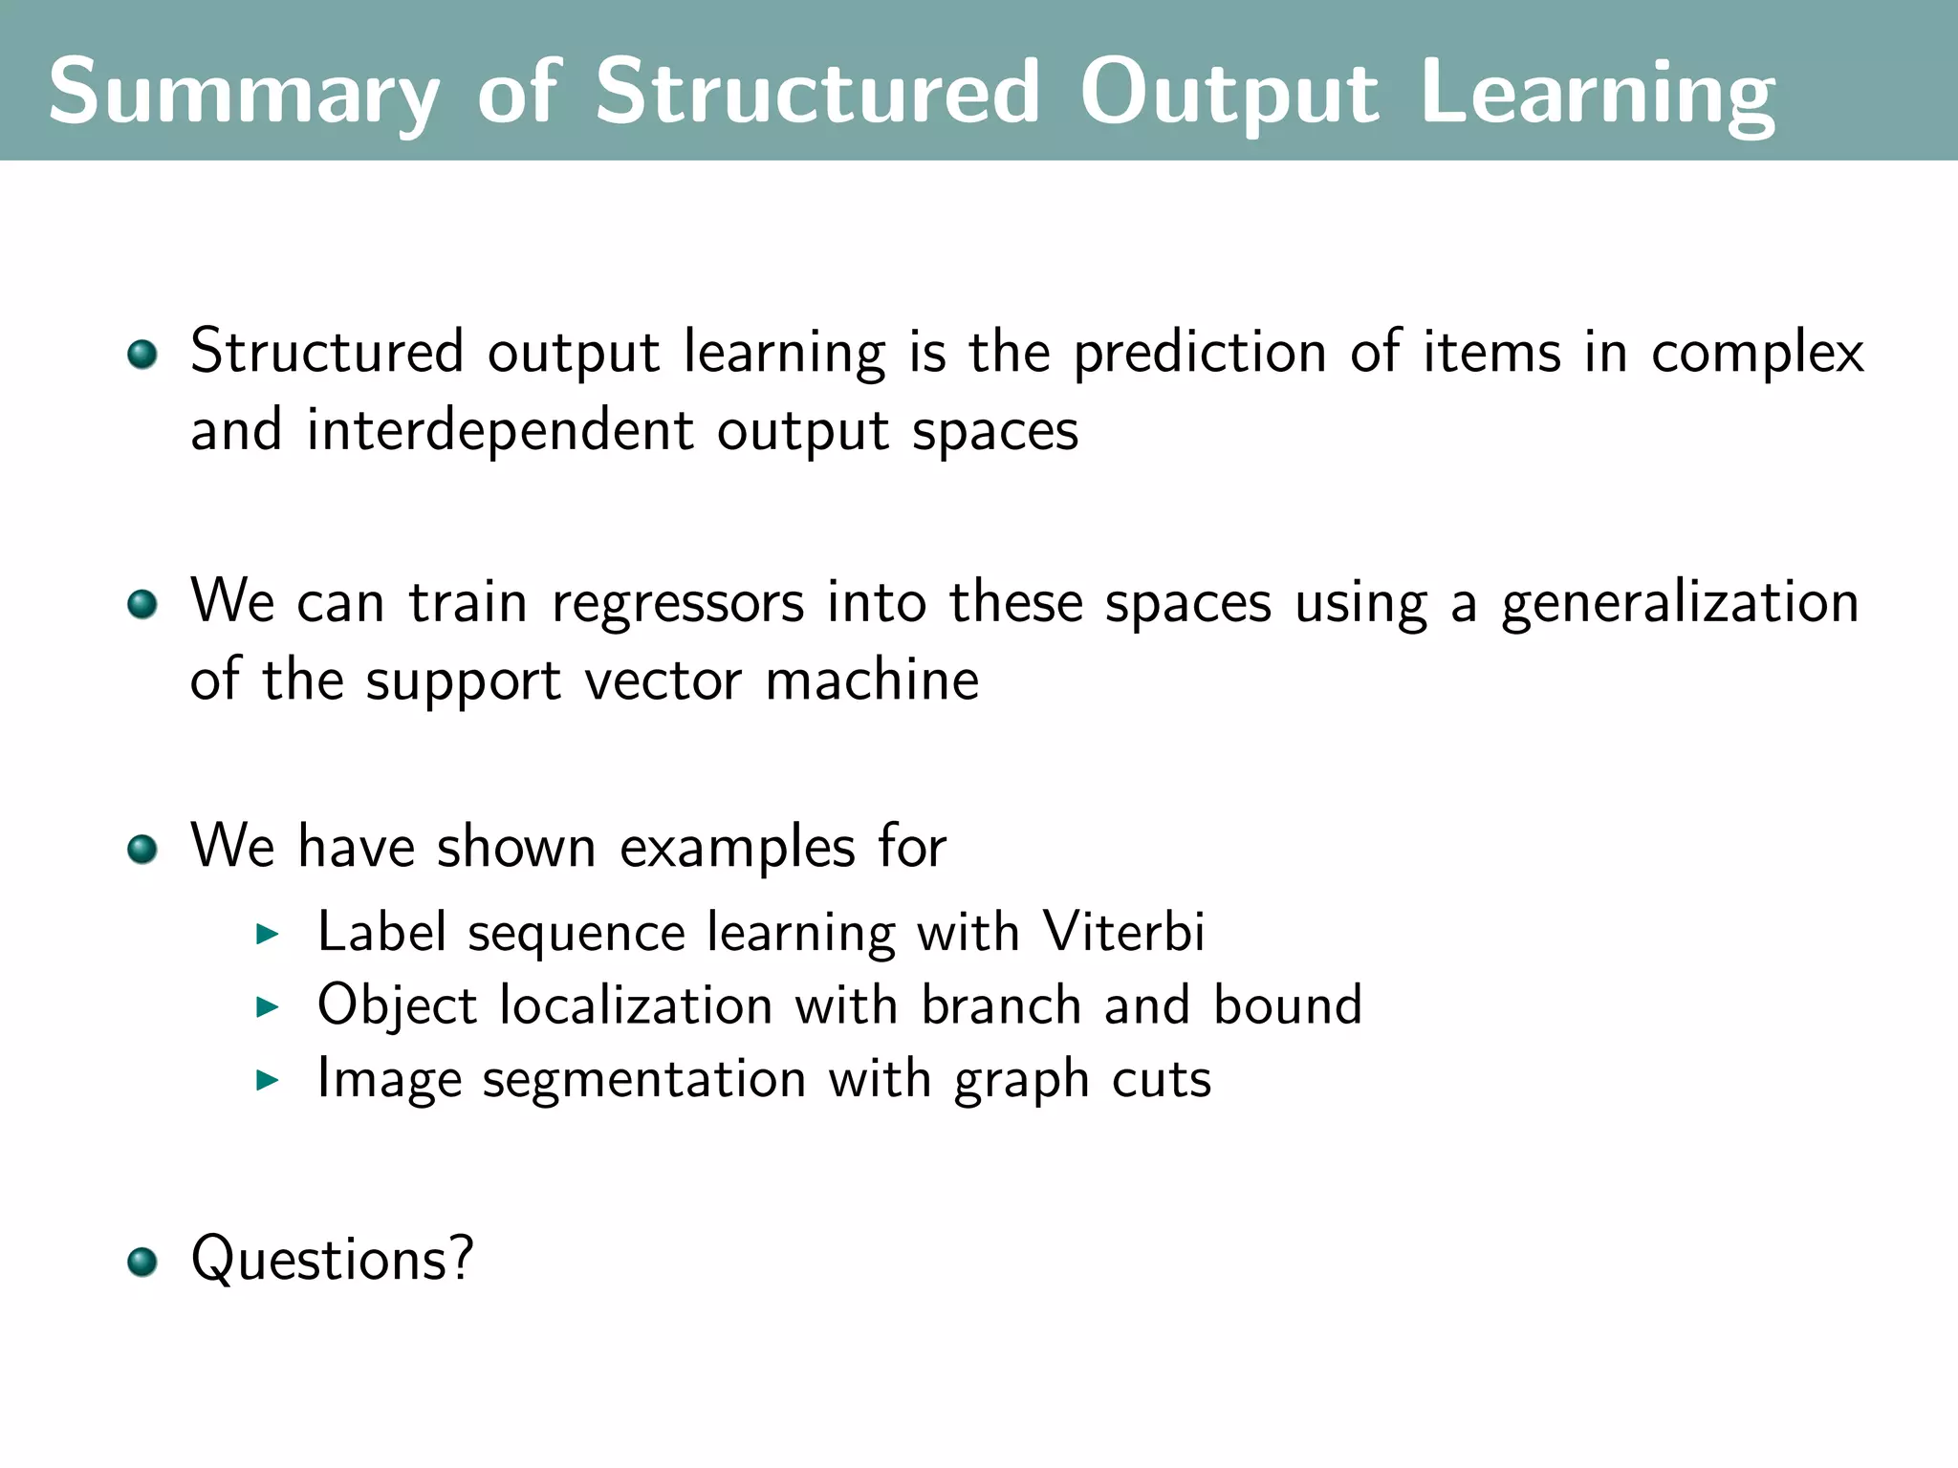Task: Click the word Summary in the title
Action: click(x=244, y=93)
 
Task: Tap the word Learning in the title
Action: click(x=1598, y=93)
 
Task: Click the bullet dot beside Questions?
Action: click(x=142, y=1262)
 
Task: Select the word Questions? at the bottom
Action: click(x=332, y=1260)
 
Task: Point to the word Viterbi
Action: click(x=1123, y=931)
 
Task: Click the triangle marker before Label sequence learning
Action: click(x=268, y=934)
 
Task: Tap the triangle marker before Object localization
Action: click(x=268, y=1006)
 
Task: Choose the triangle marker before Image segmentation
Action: click(x=268, y=1080)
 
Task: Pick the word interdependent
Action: click(x=500, y=431)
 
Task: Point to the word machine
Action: click(x=872, y=680)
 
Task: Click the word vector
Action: click(x=663, y=680)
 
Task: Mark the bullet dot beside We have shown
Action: click(x=142, y=849)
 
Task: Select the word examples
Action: click(x=737, y=849)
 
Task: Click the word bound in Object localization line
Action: click(x=1288, y=1005)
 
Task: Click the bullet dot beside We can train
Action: click(x=142, y=604)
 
